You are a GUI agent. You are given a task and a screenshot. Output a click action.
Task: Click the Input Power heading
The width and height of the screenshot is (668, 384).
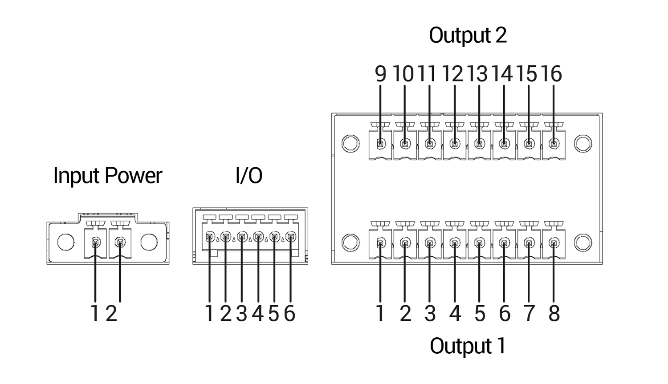coord(107,175)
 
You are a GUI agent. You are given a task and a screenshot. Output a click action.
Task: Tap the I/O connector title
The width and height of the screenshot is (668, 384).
coord(248,175)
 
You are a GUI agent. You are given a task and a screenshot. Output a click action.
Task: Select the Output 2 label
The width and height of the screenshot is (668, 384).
coord(468,35)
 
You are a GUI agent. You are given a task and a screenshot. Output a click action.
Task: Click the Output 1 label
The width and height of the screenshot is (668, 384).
coord(468,346)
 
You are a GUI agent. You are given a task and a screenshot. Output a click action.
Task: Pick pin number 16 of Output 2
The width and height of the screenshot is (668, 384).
coord(552,74)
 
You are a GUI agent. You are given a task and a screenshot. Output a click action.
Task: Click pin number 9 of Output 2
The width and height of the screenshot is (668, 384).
coord(380,74)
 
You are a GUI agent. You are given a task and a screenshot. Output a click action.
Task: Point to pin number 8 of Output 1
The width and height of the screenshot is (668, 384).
coord(554,314)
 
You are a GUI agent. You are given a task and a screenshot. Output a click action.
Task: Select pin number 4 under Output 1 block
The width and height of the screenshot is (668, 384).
coord(455,314)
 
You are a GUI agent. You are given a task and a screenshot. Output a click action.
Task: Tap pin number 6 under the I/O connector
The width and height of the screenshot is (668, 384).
coord(289,314)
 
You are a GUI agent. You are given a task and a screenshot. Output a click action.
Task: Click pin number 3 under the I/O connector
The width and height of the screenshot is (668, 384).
coord(241,314)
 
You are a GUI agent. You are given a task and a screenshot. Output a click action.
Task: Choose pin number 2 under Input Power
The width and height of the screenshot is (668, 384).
coord(111,314)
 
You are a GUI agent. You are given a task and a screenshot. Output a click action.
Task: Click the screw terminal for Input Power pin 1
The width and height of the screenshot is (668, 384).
coord(95,243)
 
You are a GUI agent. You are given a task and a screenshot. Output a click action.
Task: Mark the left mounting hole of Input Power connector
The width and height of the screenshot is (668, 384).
coord(66,242)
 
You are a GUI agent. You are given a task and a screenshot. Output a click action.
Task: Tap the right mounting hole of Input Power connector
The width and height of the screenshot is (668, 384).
coord(149,242)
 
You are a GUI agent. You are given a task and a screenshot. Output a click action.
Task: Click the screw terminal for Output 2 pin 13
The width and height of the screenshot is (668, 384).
coord(479,144)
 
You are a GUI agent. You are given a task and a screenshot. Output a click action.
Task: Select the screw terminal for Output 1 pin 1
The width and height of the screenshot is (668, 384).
coord(380,243)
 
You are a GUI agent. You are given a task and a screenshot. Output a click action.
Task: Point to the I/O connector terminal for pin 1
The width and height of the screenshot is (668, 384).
coord(210,237)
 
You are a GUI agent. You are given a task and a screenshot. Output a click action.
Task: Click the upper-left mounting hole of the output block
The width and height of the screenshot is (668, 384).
coord(350,143)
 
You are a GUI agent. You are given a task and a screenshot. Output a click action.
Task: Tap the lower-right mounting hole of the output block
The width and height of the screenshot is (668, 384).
coord(582,243)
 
